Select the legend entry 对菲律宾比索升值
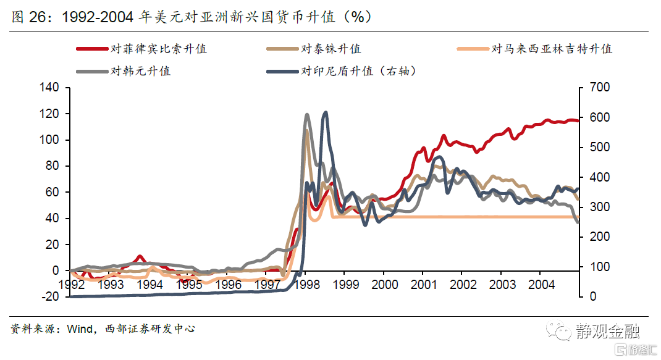(x=158, y=49)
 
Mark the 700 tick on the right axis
(x=599, y=88)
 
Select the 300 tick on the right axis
(x=599, y=207)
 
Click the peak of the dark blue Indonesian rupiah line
(x=326, y=112)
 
